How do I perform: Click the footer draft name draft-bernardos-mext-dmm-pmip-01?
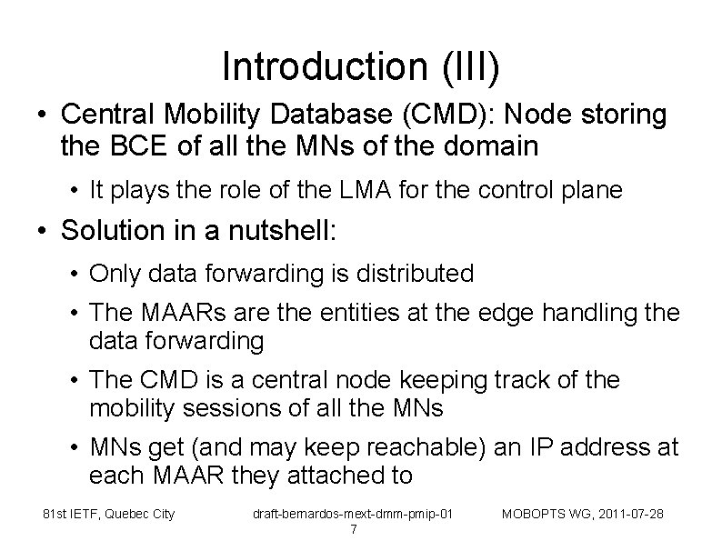pos(353,515)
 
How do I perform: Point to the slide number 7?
pos(353,530)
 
